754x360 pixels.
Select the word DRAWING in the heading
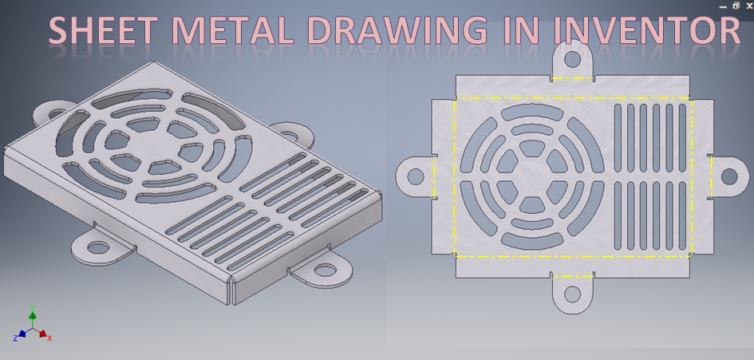click(397, 30)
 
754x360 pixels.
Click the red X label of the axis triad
click(49, 338)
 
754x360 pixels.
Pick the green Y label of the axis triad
click(32, 307)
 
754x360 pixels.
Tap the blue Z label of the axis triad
click(15, 338)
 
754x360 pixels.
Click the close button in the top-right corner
click(748, 6)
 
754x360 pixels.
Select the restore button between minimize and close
click(736, 6)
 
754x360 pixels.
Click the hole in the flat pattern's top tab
click(572, 58)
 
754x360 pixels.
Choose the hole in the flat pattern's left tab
click(415, 176)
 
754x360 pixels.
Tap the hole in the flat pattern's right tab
click(729, 176)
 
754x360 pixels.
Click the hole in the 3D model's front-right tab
click(324, 270)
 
